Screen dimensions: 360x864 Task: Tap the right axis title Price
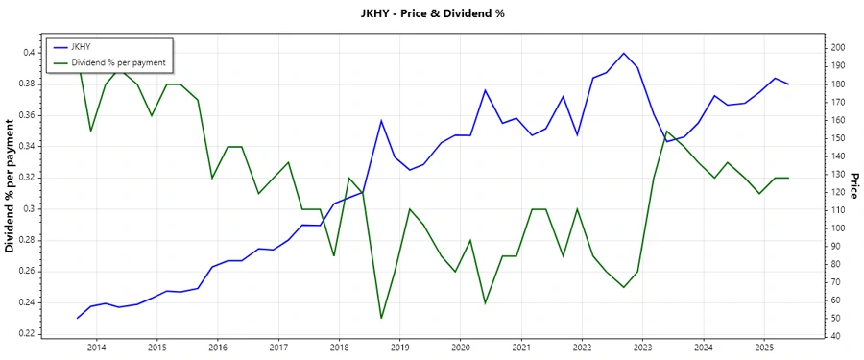tap(853, 184)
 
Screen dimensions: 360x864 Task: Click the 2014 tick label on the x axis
tap(97, 347)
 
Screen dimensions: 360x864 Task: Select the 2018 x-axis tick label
tap(339, 347)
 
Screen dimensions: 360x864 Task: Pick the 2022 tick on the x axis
tap(582, 347)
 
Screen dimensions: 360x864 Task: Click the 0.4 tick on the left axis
tap(28, 52)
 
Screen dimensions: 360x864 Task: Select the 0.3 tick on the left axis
tap(28, 208)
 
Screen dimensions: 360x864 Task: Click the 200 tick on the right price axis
tap(838, 47)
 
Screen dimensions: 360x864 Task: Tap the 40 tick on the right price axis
tap(835, 336)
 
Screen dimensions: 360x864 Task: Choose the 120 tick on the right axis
tap(838, 192)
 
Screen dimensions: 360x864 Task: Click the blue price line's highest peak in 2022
tap(623, 53)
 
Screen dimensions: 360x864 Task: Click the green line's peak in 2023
tap(667, 131)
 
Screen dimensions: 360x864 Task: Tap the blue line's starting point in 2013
tap(78, 318)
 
